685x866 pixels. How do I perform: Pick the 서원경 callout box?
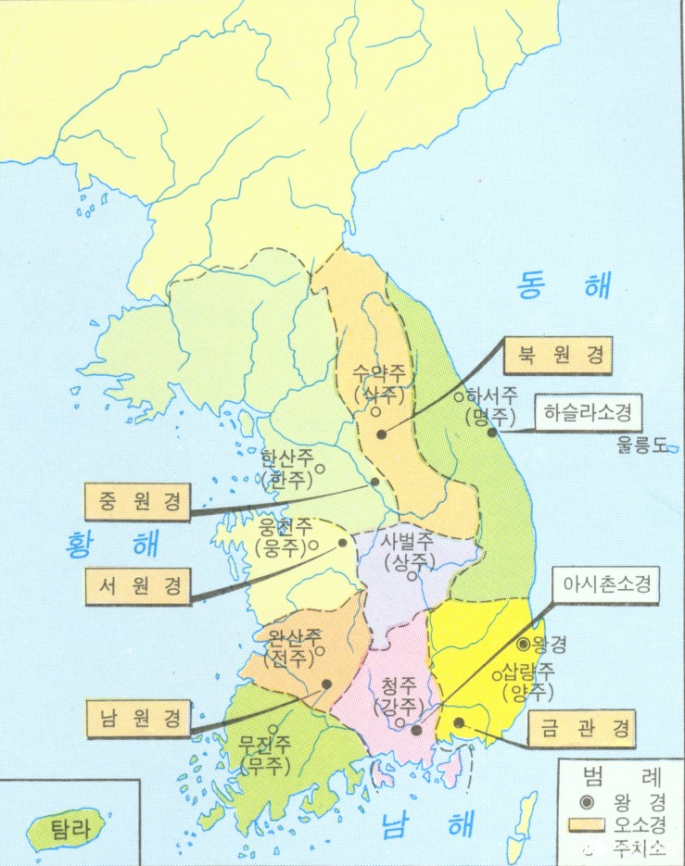(136, 584)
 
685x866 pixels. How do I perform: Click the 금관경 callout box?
(583, 729)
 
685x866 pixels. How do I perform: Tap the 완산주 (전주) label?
(294, 648)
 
